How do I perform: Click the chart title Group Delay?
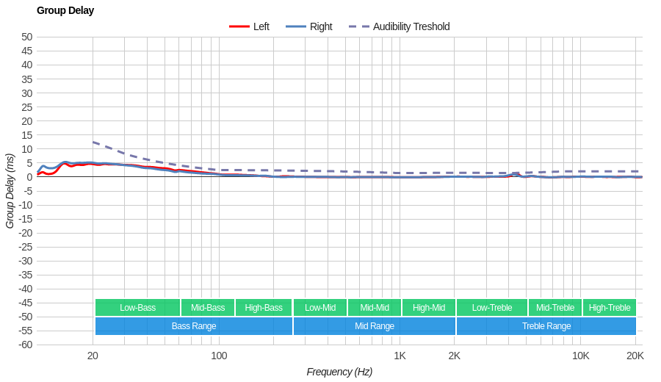(65, 10)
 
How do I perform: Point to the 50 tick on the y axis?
(27, 37)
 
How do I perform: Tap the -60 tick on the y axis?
(25, 345)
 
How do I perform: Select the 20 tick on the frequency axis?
(93, 356)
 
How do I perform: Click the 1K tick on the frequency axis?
(400, 356)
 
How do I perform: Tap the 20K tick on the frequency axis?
(635, 356)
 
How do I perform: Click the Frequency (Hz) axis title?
(339, 372)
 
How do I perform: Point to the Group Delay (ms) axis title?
(10, 191)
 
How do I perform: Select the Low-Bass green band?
(137, 308)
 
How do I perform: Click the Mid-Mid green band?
(375, 308)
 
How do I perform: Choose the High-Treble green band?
(610, 308)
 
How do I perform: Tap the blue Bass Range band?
(194, 326)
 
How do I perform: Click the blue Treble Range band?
(546, 326)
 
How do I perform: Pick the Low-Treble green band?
(492, 308)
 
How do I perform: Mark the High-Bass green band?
(264, 308)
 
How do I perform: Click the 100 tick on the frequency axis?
(219, 356)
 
